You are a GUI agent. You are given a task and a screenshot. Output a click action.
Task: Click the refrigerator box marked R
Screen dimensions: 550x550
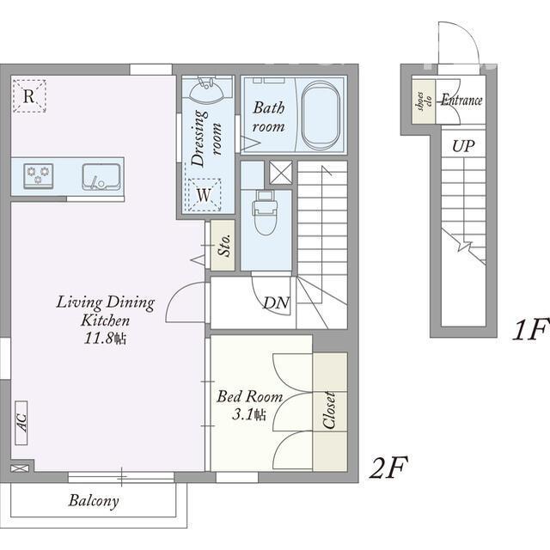click(x=29, y=95)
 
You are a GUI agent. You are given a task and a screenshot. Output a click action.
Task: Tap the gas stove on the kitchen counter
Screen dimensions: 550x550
click(x=38, y=175)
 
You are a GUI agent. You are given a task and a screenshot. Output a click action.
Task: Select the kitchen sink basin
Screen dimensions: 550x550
click(x=101, y=177)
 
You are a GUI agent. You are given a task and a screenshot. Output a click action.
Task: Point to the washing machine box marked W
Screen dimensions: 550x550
click(x=205, y=195)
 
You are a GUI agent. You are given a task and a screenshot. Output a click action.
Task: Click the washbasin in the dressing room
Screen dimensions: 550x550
click(x=207, y=89)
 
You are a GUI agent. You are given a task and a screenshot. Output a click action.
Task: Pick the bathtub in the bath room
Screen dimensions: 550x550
click(x=321, y=115)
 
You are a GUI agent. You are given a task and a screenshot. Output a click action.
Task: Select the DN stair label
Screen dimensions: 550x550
click(x=277, y=302)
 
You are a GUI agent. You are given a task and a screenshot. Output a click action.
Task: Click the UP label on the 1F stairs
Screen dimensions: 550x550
click(x=463, y=146)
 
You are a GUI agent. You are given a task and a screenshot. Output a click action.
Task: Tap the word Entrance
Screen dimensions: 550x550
click(x=461, y=100)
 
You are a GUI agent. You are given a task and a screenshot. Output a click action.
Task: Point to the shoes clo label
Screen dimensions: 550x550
click(x=424, y=101)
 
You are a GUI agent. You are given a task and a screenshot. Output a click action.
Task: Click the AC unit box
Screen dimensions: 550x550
click(x=21, y=423)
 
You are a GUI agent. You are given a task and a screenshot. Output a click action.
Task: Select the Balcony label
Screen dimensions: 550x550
click(x=94, y=500)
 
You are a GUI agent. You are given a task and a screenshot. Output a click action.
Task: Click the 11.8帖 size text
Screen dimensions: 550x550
click(x=105, y=338)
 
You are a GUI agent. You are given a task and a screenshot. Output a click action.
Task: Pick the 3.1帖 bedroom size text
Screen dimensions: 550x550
click(x=249, y=414)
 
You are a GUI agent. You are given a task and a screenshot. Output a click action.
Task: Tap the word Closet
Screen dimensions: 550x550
click(x=328, y=411)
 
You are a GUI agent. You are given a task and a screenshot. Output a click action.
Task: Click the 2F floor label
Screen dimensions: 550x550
click(x=388, y=467)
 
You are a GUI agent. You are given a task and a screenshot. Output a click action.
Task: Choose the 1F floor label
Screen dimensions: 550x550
click(x=530, y=329)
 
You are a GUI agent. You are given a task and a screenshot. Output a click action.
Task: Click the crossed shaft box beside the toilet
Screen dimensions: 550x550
click(x=281, y=173)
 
